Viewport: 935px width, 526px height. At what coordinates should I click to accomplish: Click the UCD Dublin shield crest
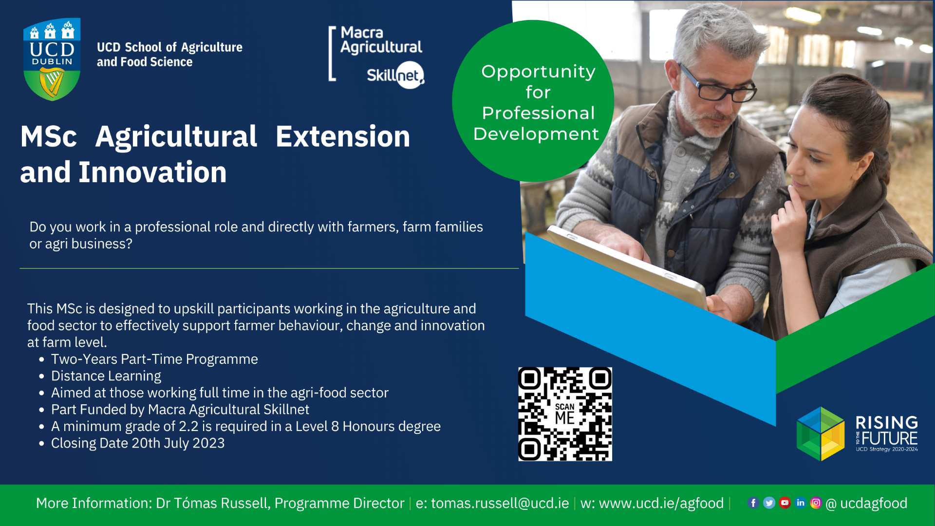tap(52, 59)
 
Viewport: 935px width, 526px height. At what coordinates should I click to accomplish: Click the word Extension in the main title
tap(343, 136)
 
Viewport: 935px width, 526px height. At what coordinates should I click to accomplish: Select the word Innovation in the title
tap(152, 172)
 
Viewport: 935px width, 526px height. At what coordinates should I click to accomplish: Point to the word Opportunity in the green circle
tap(538, 72)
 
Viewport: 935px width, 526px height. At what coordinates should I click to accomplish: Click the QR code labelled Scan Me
tap(565, 414)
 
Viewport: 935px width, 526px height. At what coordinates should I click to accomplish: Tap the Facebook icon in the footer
tap(753, 503)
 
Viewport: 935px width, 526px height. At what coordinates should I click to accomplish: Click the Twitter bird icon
tap(769, 503)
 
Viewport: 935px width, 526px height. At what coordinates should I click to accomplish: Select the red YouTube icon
tap(785, 503)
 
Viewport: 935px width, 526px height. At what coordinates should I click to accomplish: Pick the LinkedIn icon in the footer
tap(800, 503)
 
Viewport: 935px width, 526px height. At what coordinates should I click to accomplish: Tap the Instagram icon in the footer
tap(816, 503)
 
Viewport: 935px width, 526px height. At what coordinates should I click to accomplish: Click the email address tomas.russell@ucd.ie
tap(500, 503)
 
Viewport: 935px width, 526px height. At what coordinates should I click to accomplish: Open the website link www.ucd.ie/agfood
tap(661, 503)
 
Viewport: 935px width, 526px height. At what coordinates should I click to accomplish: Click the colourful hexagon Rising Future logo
tap(821, 434)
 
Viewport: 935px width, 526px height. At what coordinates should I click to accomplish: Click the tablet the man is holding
tap(628, 268)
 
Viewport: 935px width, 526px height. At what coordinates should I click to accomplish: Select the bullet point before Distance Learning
tap(41, 376)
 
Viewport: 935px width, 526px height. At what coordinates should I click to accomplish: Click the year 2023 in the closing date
tap(208, 443)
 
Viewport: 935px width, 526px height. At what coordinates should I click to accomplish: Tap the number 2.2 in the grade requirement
tap(188, 427)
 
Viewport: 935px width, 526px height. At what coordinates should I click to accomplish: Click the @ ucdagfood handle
tap(867, 503)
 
